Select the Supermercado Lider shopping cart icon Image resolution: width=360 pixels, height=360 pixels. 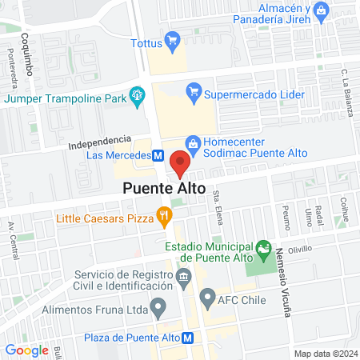click(193, 94)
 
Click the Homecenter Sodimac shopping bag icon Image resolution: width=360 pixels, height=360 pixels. click(193, 141)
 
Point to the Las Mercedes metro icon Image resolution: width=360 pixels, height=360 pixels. click(159, 155)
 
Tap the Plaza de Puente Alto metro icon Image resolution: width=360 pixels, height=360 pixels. click(188, 338)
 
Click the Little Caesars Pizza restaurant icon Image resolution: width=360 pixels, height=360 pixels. click(164, 214)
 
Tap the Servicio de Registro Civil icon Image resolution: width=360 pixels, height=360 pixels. click(184, 278)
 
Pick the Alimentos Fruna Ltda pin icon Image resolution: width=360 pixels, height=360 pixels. click(158, 305)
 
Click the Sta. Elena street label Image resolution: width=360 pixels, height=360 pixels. click(218, 214)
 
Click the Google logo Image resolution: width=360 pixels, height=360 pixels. click(27, 350)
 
